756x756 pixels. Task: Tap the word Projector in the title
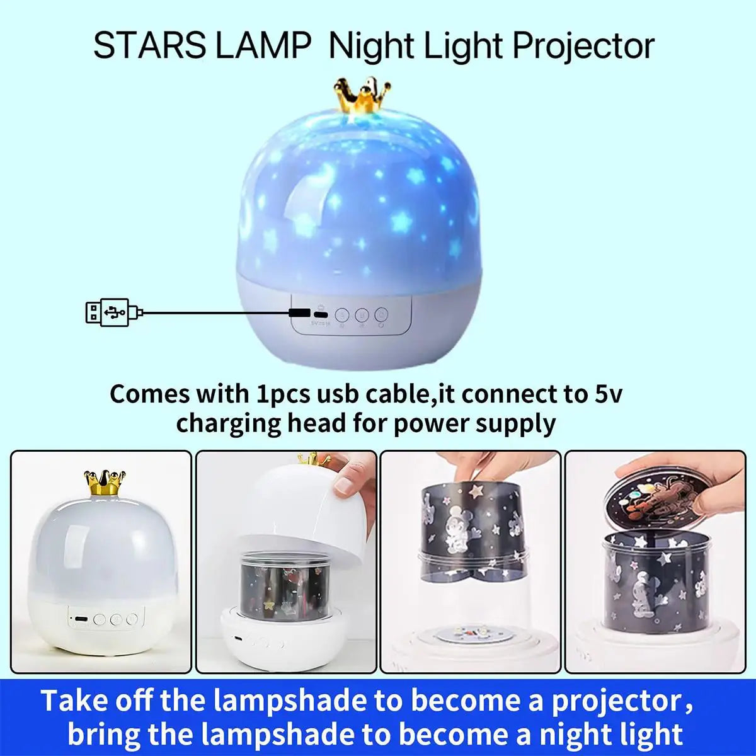[583, 46]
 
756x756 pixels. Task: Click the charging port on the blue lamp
[321, 314]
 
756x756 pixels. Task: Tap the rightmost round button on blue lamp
[381, 314]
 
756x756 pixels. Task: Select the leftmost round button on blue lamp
[341, 314]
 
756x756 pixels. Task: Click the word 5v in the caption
[608, 394]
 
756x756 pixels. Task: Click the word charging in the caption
[228, 423]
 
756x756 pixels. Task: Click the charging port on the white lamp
[81, 619]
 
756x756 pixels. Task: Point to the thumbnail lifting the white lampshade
[287, 561]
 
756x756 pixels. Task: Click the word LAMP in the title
[263, 46]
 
